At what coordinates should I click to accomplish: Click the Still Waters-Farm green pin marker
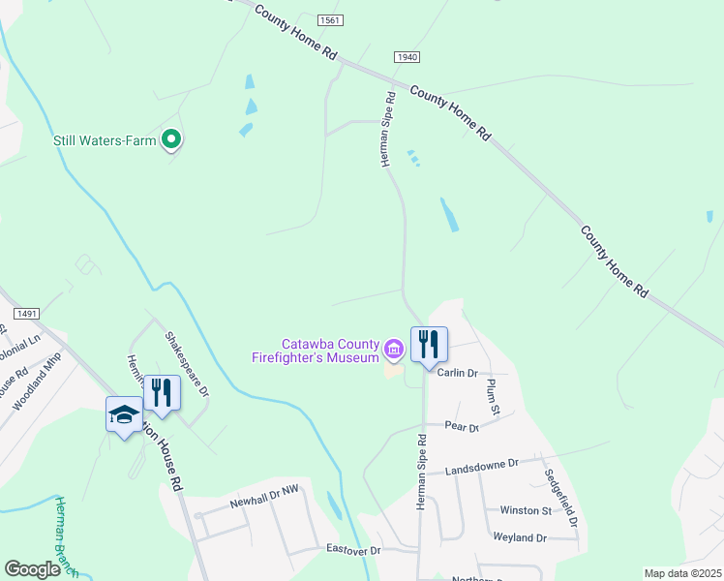pos(171,140)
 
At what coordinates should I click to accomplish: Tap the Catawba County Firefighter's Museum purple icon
pos(393,348)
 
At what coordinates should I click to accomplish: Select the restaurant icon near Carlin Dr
pos(429,345)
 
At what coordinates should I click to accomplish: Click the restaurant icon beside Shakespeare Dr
pos(162,393)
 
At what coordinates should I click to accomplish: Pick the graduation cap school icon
pos(124,415)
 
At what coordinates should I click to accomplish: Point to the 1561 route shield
pos(330,20)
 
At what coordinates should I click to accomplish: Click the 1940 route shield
pos(407,58)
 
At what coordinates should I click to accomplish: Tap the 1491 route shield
pos(26,313)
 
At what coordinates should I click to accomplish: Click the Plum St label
pos(492,395)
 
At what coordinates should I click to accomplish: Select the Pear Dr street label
pos(462,427)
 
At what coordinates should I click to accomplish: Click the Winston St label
pos(525,510)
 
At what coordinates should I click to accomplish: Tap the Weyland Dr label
pos(520,537)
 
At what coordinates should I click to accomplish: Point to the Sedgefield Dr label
pos(561,498)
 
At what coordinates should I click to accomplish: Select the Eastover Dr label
pos(355,550)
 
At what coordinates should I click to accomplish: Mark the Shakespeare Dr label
pos(186,364)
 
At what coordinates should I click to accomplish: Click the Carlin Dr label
pos(458,373)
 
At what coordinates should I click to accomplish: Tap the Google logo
pos(32,569)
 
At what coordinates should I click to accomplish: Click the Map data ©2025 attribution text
pos(682,573)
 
